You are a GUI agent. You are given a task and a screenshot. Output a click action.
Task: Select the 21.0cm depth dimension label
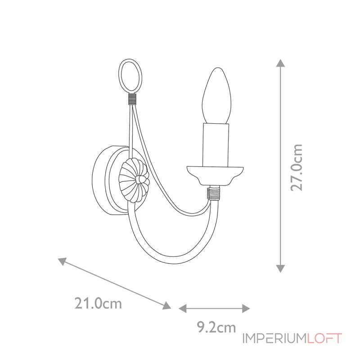tap(98, 304)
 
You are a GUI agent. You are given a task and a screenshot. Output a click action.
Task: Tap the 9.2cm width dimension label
tap(216, 328)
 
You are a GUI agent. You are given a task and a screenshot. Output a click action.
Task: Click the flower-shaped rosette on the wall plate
tap(135, 180)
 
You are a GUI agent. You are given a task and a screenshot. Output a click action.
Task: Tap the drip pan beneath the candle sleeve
tap(215, 174)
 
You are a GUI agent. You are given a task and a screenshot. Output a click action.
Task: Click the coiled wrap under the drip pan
tap(213, 194)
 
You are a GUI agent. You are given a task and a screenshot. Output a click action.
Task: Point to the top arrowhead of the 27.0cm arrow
tap(280, 63)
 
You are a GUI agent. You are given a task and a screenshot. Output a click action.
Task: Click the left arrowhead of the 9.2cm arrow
tap(183, 308)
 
